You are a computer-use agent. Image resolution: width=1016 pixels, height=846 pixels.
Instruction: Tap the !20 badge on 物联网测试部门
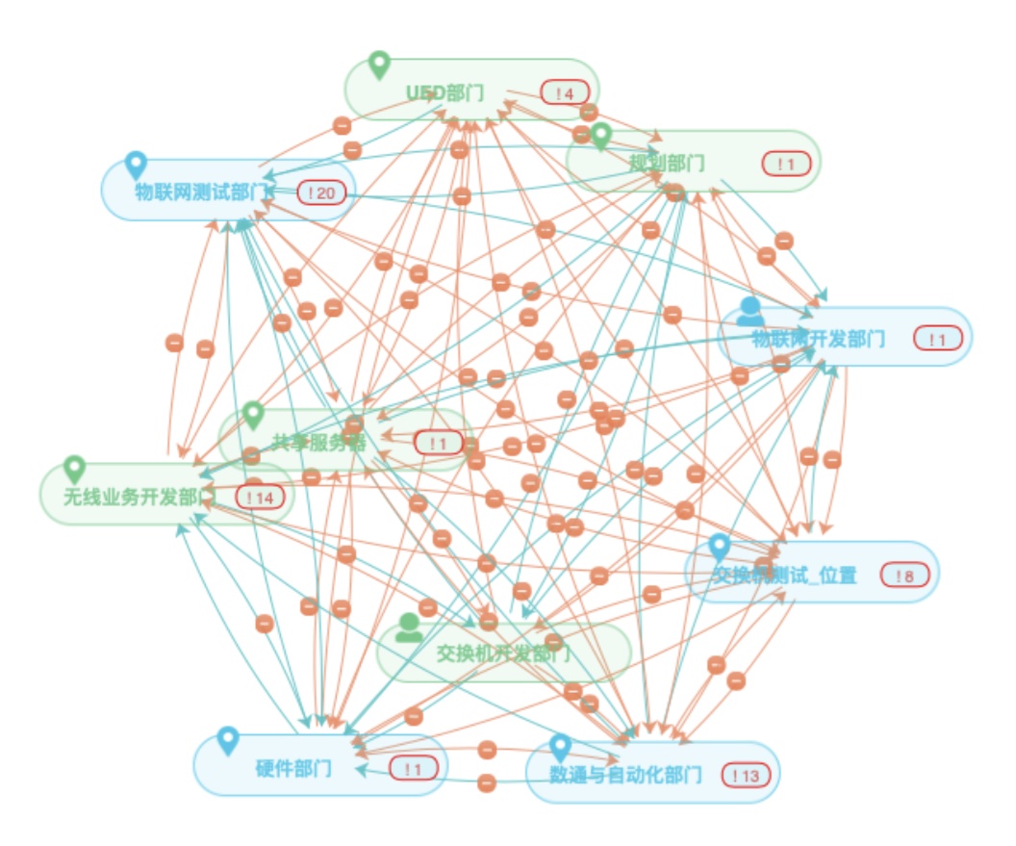coord(321,193)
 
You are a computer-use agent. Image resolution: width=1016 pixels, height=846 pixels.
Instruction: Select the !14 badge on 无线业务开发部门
coord(261,498)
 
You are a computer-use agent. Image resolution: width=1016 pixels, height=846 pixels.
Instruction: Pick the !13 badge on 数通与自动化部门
coord(746,776)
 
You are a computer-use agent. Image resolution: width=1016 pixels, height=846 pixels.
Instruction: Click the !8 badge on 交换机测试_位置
coord(904,577)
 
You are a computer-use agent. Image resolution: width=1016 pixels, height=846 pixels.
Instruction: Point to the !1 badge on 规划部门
coord(786,165)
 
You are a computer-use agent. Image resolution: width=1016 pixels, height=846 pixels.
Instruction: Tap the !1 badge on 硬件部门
coord(414,769)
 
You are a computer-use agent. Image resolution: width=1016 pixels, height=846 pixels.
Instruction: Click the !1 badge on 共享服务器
coord(439,444)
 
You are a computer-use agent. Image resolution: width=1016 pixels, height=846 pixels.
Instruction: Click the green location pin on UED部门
coord(380,64)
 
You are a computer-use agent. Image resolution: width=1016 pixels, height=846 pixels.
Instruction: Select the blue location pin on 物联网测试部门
coord(136,166)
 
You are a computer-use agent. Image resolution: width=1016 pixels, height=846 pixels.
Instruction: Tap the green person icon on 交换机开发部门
coord(409,628)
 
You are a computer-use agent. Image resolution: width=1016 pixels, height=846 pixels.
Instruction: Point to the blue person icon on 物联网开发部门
coord(750,312)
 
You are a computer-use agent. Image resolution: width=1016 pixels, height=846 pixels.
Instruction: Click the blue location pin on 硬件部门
coord(227,740)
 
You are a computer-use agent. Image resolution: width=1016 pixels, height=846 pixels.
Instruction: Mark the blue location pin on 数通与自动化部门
coord(560,748)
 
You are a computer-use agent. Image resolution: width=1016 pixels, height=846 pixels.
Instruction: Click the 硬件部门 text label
coord(293,769)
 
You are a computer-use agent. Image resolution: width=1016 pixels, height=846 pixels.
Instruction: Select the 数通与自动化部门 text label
coord(625,776)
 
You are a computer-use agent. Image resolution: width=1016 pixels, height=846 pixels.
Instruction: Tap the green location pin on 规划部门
coord(601,137)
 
